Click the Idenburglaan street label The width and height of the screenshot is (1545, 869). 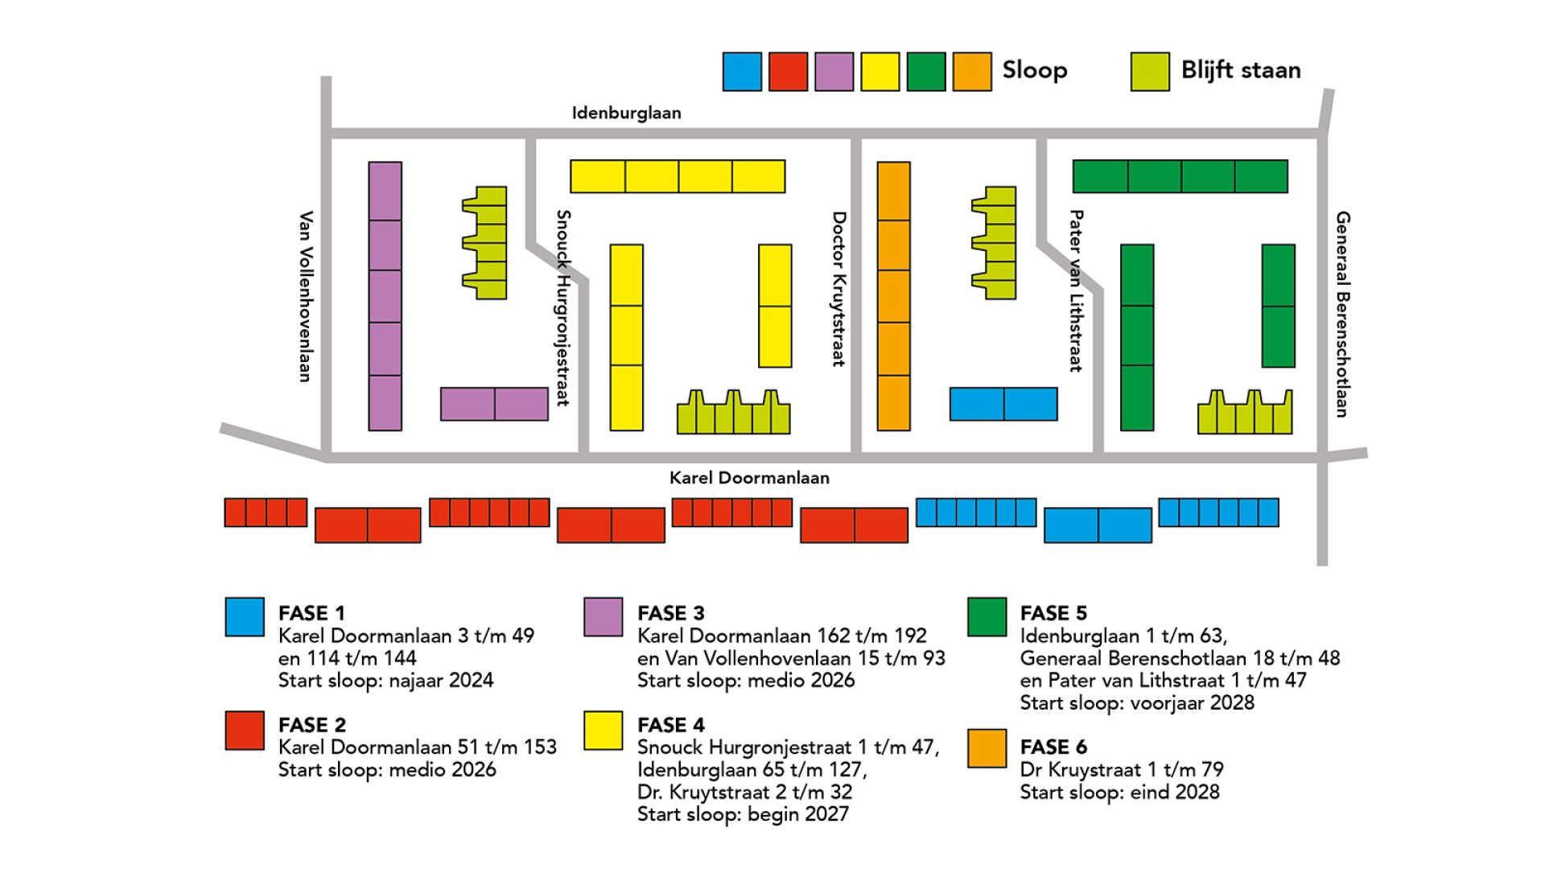click(x=626, y=113)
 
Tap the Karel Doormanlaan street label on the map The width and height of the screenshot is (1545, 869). click(x=749, y=478)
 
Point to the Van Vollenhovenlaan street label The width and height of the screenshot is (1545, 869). click(x=306, y=296)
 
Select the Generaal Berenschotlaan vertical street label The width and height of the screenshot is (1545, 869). click(x=1342, y=314)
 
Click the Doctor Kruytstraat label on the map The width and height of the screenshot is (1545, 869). click(x=839, y=289)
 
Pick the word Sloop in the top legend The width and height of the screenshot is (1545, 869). click(x=1034, y=70)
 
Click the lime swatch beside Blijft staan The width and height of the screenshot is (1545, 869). click(x=1149, y=72)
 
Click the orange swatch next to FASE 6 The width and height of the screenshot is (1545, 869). click(x=987, y=748)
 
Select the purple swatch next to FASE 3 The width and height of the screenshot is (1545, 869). click(x=603, y=617)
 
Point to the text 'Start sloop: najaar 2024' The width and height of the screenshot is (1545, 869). click(x=385, y=681)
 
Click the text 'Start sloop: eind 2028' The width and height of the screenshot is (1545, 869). click(x=1119, y=793)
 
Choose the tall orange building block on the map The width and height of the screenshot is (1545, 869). click(x=893, y=296)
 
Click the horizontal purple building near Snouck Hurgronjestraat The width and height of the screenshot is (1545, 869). click(x=494, y=404)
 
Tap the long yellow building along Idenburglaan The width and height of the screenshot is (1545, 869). click(x=678, y=176)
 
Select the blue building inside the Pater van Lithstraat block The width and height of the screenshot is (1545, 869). click(x=1003, y=404)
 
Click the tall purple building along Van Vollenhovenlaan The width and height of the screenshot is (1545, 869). click(x=385, y=296)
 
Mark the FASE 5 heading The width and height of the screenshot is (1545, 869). click(x=1053, y=613)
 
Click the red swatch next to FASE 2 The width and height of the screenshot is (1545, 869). click(x=245, y=731)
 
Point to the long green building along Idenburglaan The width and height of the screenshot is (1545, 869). click(x=1180, y=176)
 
